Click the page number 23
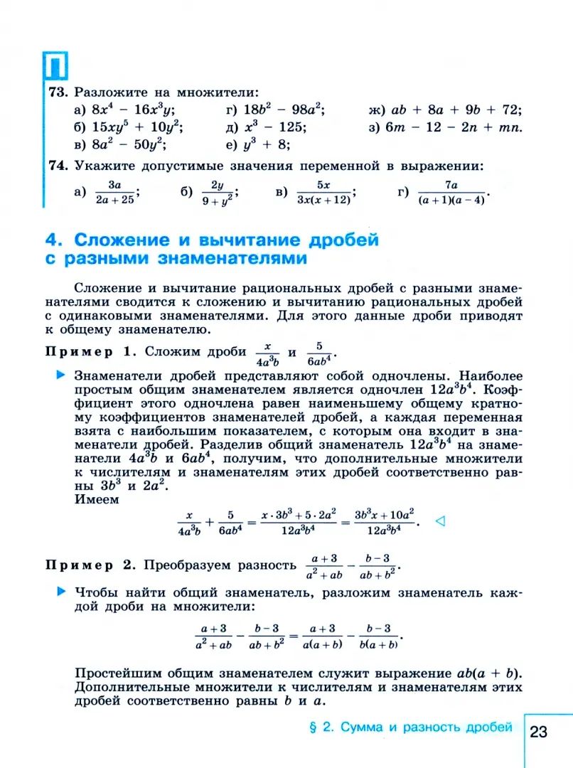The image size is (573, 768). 538,732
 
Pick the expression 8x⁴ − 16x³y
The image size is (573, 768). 133,110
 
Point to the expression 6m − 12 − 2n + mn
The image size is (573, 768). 455,127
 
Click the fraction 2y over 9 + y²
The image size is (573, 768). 217,192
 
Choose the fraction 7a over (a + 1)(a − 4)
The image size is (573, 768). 451,192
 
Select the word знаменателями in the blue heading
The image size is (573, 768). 233,259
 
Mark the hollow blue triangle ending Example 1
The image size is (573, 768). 439,521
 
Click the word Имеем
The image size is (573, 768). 97,499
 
